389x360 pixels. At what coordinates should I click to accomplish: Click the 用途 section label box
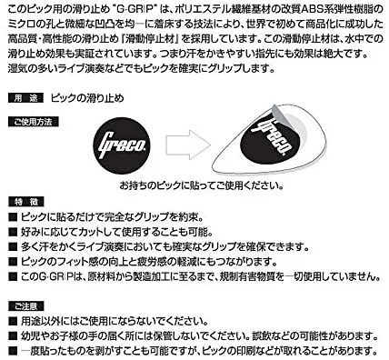(x=25, y=96)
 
